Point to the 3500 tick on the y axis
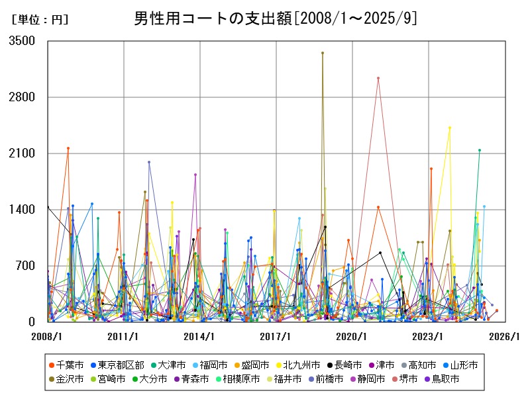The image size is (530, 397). pyautogui.click(x=23, y=41)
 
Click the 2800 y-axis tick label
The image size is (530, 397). pyautogui.click(x=23, y=97)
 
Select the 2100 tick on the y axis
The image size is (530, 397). pyautogui.click(x=23, y=154)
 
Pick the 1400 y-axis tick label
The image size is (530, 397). pyautogui.click(x=23, y=210)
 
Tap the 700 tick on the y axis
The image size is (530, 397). pyautogui.click(x=26, y=266)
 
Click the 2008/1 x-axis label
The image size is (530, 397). pyautogui.click(x=48, y=336)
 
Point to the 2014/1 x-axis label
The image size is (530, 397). pyautogui.click(x=200, y=336)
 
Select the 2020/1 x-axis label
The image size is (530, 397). pyautogui.click(x=352, y=336)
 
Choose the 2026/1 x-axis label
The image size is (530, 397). pyautogui.click(x=505, y=336)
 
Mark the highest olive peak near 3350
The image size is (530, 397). pyautogui.click(x=323, y=53)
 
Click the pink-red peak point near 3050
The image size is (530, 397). pyautogui.click(x=378, y=78)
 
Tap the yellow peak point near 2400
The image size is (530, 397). pyautogui.click(x=450, y=128)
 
